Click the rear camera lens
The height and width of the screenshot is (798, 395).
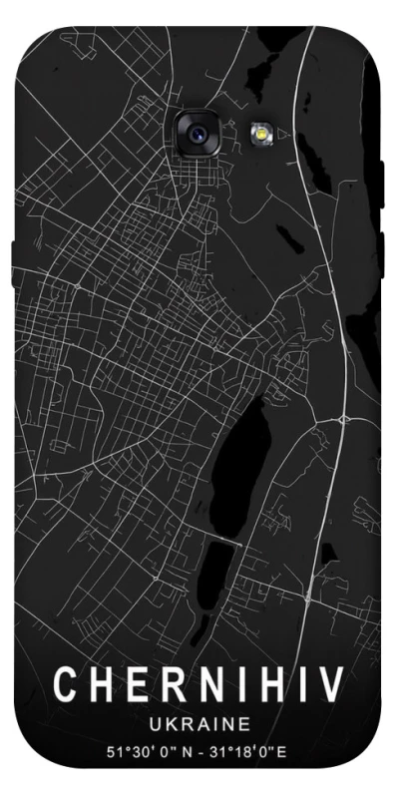point(197,131)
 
